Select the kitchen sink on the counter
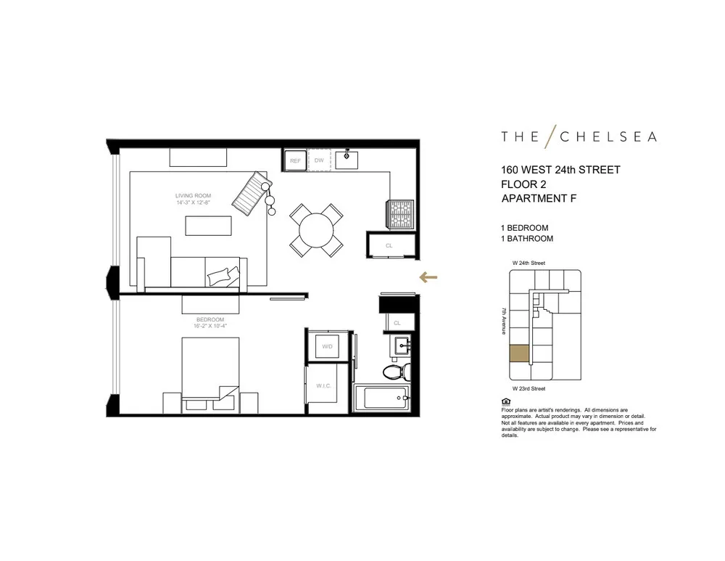pos(347,157)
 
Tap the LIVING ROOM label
pos(193,196)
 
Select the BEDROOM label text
pos(210,320)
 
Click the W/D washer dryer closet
pos(327,347)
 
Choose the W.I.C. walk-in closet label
pos(323,386)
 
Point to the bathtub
pos(380,399)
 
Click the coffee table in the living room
pos(208,226)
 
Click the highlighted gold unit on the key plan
pos(518,353)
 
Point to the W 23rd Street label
pos(526,388)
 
